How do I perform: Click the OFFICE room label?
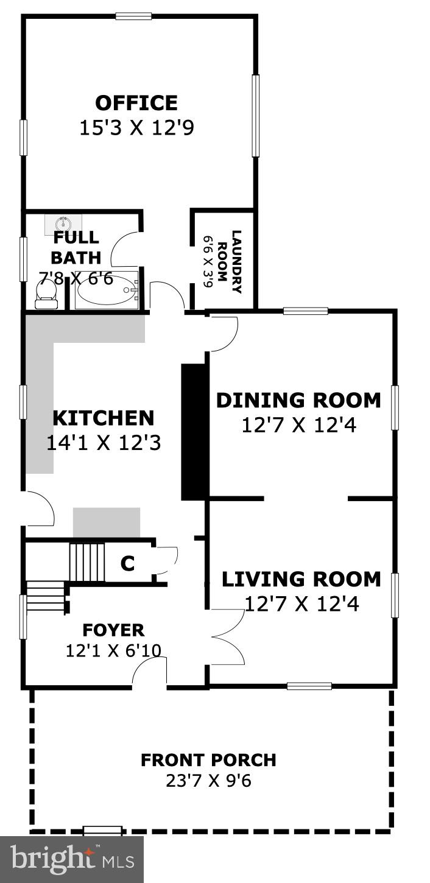point(136,102)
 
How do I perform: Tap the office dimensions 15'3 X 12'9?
point(136,128)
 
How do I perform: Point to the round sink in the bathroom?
point(63,223)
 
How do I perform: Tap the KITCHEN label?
point(103,418)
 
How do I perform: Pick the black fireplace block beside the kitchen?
point(195,432)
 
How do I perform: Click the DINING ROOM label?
point(298,400)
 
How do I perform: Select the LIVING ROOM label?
point(301,579)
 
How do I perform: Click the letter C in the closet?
point(127,564)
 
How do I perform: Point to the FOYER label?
point(113,630)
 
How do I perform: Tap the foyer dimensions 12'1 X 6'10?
point(113,650)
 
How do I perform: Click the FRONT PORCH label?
point(208,760)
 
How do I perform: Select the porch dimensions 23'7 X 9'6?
point(208,781)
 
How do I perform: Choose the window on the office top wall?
point(133,16)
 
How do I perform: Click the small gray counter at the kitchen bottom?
point(107,522)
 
